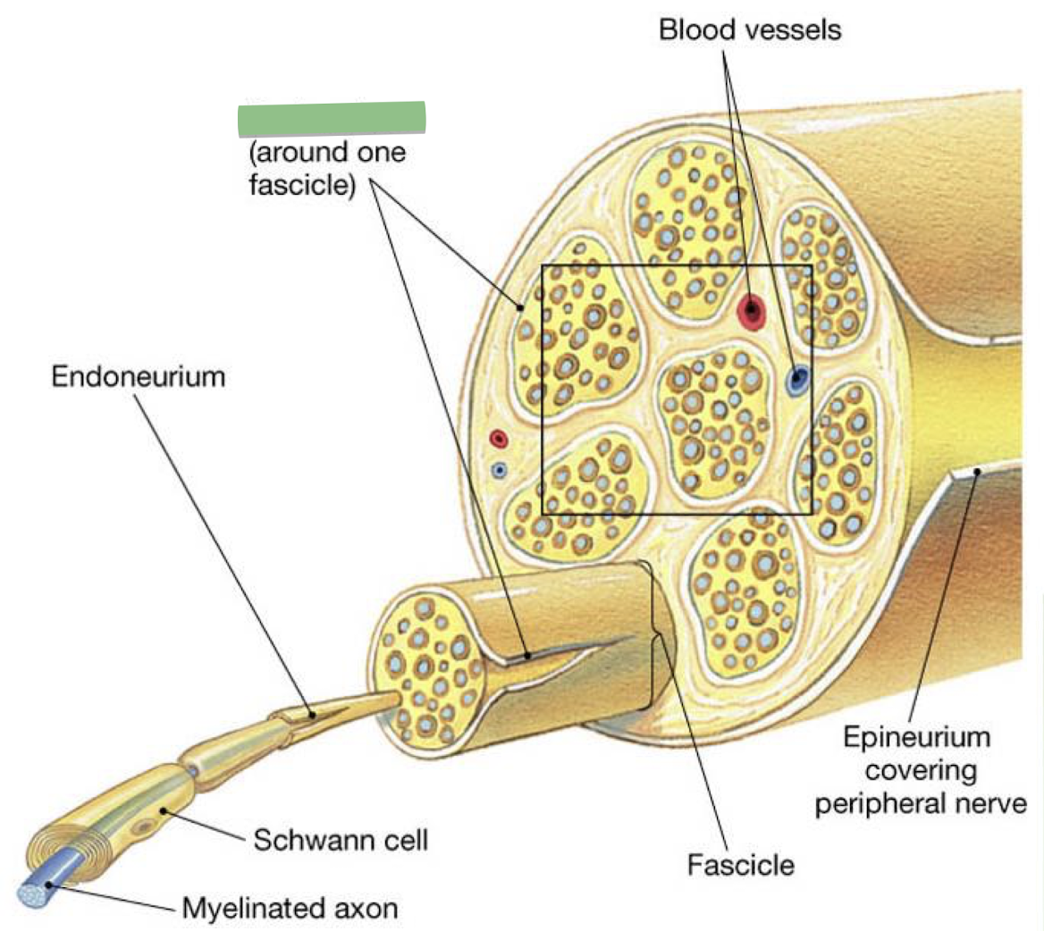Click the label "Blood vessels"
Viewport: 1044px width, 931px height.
749,29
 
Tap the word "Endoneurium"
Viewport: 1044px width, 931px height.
139,376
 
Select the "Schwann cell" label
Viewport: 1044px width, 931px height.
341,840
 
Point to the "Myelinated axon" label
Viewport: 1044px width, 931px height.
290,910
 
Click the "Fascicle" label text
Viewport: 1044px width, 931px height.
740,865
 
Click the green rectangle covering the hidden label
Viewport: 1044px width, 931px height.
331,119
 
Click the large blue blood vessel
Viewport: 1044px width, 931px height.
796,381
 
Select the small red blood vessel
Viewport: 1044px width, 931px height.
499,439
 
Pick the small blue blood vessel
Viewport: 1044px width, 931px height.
500,469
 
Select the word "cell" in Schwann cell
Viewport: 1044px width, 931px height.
404,840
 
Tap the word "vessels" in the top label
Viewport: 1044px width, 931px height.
795,29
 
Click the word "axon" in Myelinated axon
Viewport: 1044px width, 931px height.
366,910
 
